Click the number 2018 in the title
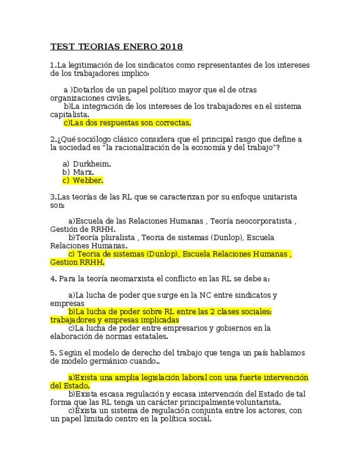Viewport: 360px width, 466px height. point(172,47)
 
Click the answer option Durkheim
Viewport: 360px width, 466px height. point(92,164)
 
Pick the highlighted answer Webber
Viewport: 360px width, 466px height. point(88,180)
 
